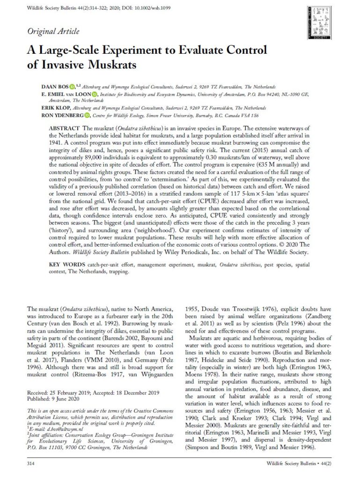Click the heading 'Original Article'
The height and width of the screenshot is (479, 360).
tap(53, 32)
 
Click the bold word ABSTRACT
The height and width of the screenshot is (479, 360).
tap(65, 128)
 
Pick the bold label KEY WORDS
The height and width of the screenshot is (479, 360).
tap(64, 265)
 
